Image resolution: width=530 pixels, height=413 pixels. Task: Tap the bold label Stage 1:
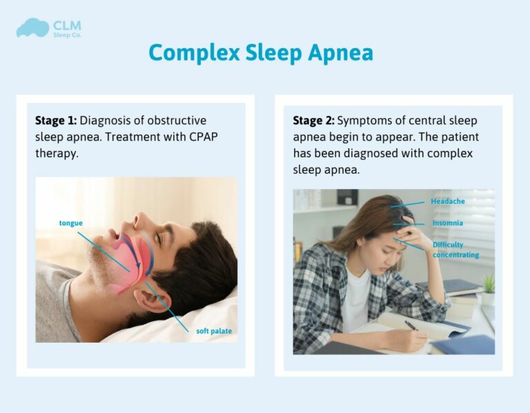tap(56, 121)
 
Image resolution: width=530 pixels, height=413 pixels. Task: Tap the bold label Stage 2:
tap(313, 121)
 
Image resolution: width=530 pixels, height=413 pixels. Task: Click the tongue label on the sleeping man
tap(72, 223)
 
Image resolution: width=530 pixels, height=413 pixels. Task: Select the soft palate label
tap(214, 331)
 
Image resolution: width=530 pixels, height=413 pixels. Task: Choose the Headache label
tap(448, 201)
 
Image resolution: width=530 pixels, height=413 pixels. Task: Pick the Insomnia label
tap(447, 223)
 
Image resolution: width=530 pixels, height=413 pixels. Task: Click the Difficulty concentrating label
tap(455, 250)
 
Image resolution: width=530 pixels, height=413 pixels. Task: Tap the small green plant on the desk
tap(489, 283)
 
